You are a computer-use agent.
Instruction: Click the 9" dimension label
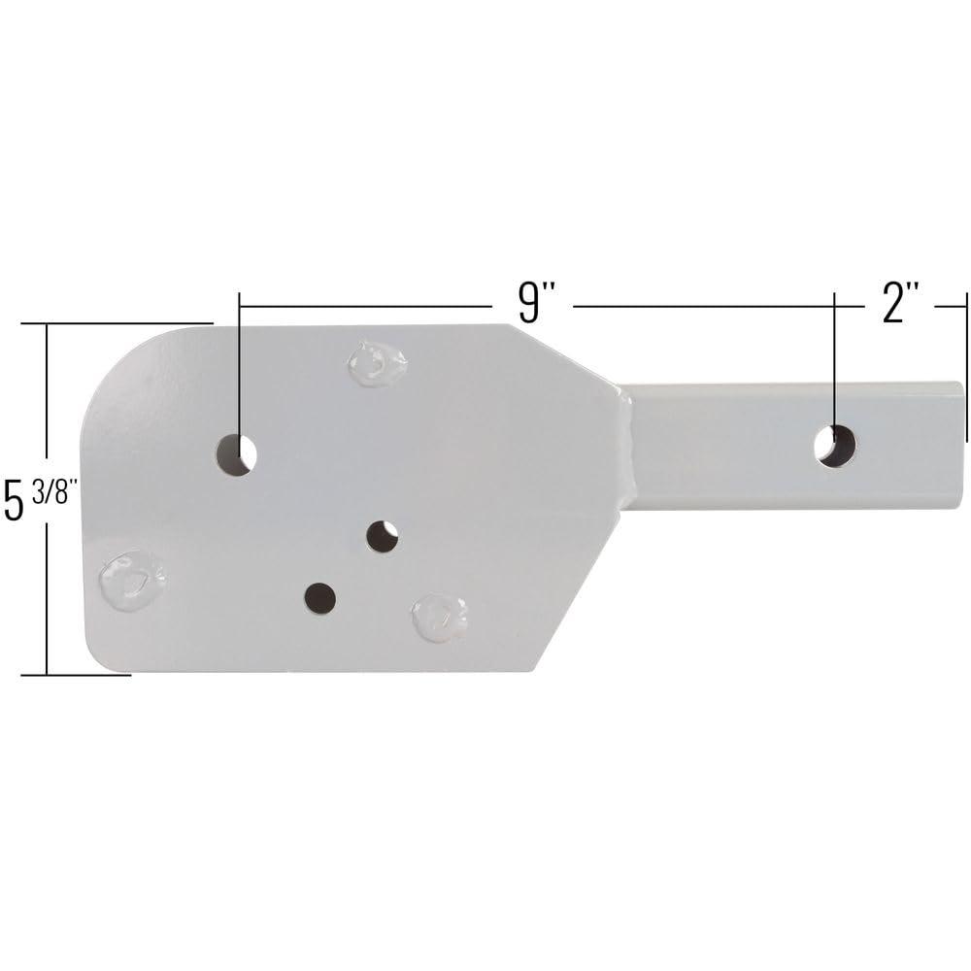(531, 303)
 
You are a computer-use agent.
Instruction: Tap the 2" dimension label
(899, 303)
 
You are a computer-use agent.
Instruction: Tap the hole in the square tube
(835, 446)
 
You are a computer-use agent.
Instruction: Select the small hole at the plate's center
(383, 535)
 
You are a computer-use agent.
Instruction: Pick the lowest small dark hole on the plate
(319, 598)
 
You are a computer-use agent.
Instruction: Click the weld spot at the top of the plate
(377, 363)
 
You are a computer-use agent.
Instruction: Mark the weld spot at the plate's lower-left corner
(132, 580)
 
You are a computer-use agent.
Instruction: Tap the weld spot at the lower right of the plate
(440, 617)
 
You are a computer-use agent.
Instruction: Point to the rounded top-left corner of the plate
(117, 364)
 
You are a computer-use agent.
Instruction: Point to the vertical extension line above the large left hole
(239, 369)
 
